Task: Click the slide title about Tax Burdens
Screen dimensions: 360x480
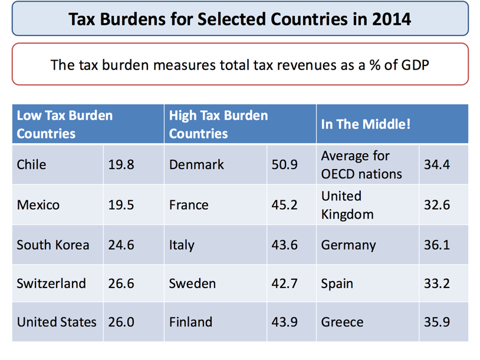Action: (x=239, y=19)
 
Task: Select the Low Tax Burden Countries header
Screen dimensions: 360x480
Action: (x=64, y=124)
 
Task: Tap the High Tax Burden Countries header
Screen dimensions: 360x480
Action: (x=218, y=124)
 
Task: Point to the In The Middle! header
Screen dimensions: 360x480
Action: (x=366, y=124)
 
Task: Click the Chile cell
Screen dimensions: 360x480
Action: (x=31, y=164)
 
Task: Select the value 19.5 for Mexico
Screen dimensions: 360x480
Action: (x=121, y=205)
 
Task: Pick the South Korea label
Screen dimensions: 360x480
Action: (x=53, y=245)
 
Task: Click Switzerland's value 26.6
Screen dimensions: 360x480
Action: (x=121, y=283)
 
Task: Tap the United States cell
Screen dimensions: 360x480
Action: (x=57, y=322)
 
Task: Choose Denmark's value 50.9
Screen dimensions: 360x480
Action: (x=284, y=164)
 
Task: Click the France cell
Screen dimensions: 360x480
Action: (x=189, y=205)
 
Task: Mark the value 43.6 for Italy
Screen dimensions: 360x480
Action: (x=284, y=245)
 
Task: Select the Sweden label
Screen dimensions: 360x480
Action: (x=192, y=283)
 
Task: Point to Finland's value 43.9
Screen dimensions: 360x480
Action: (x=284, y=322)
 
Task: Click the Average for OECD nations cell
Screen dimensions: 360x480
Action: (x=361, y=165)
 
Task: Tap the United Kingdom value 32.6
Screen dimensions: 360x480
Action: (x=436, y=205)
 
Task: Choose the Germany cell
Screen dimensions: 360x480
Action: (x=348, y=245)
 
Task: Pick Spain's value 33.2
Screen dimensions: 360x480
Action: (x=436, y=283)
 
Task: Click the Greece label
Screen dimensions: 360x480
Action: (x=342, y=322)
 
